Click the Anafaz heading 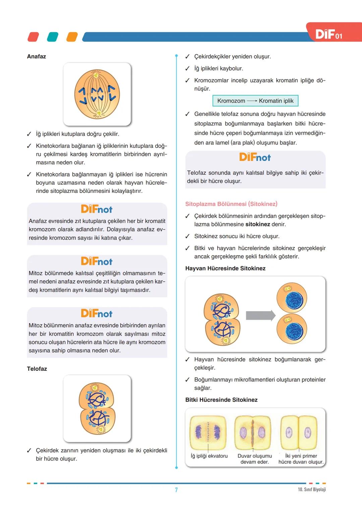coord(36,56)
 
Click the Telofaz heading coord(37,369)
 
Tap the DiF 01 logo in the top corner coord(328,34)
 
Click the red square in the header coord(33,37)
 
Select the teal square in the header coord(53,37)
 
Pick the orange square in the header coord(72,37)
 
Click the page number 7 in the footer coord(176,490)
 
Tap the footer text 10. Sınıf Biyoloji coord(312,490)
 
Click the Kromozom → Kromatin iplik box coord(255,101)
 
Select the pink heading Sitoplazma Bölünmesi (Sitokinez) coord(231,204)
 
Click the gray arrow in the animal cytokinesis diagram coord(260,316)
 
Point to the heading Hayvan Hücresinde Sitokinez coord(225,268)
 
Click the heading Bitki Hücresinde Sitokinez coord(221,400)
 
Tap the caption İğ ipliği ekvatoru coord(209,456)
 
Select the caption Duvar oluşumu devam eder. coord(255,459)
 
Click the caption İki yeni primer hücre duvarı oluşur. coord(301,459)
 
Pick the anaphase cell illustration coord(97,94)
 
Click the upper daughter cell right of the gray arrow coord(292,298)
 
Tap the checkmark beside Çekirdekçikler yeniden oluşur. coord(187,57)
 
